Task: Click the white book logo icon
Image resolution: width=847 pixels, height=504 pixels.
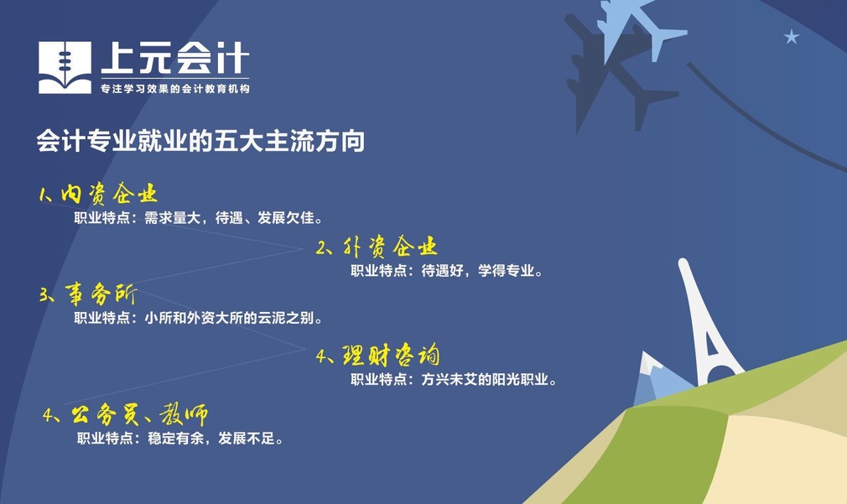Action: point(65,68)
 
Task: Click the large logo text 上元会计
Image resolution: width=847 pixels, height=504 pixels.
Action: point(175,59)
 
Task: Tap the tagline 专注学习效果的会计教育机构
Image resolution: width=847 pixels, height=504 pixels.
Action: point(175,89)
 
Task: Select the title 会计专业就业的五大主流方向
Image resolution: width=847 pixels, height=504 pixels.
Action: point(200,140)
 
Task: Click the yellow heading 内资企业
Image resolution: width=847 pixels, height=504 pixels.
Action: point(109,194)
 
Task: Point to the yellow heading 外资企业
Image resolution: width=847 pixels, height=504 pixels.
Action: point(390,247)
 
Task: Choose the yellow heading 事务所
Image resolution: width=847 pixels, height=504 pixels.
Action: point(101,294)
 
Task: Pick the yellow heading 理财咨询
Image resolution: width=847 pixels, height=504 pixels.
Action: point(391,355)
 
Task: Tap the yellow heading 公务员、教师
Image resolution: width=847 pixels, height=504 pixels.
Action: point(139,414)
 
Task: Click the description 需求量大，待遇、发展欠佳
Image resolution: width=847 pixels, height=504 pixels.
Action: point(230,218)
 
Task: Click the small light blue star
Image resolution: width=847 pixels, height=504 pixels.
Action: point(792,37)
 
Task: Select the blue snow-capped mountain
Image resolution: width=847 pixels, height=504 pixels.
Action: point(659,381)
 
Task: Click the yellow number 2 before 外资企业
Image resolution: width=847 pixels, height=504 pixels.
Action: point(322,248)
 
